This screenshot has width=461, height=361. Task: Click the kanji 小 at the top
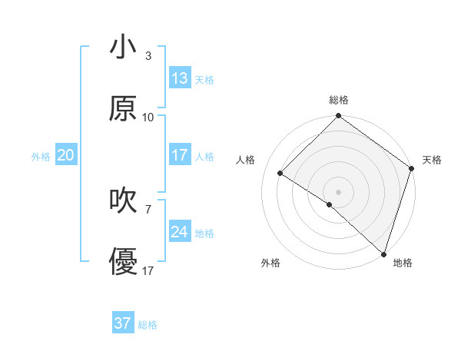[122, 47]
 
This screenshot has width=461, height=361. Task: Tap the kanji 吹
[122, 200]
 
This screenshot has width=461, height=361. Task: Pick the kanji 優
[122, 262]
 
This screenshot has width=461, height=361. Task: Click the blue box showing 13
[180, 78]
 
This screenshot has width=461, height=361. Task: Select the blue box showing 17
[180, 155]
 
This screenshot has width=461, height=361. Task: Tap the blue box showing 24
[180, 232]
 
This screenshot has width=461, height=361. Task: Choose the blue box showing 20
[65, 155]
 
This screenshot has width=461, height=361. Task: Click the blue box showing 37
[123, 323]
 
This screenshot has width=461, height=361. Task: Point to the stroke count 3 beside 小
[148, 56]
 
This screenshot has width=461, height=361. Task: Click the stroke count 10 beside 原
[148, 118]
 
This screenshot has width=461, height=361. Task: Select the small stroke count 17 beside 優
[148, 271]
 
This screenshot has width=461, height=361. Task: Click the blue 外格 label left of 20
[41, 157]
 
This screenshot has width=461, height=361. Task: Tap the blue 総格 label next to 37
[148, 325]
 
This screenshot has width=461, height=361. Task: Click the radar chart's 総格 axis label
[338, 101]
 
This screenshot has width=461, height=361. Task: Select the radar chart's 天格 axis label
[432, 160]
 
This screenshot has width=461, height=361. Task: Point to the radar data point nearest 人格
[280, 174]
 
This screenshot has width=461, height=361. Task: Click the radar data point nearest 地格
[383, 253]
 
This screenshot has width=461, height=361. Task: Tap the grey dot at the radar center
[338, 191]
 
